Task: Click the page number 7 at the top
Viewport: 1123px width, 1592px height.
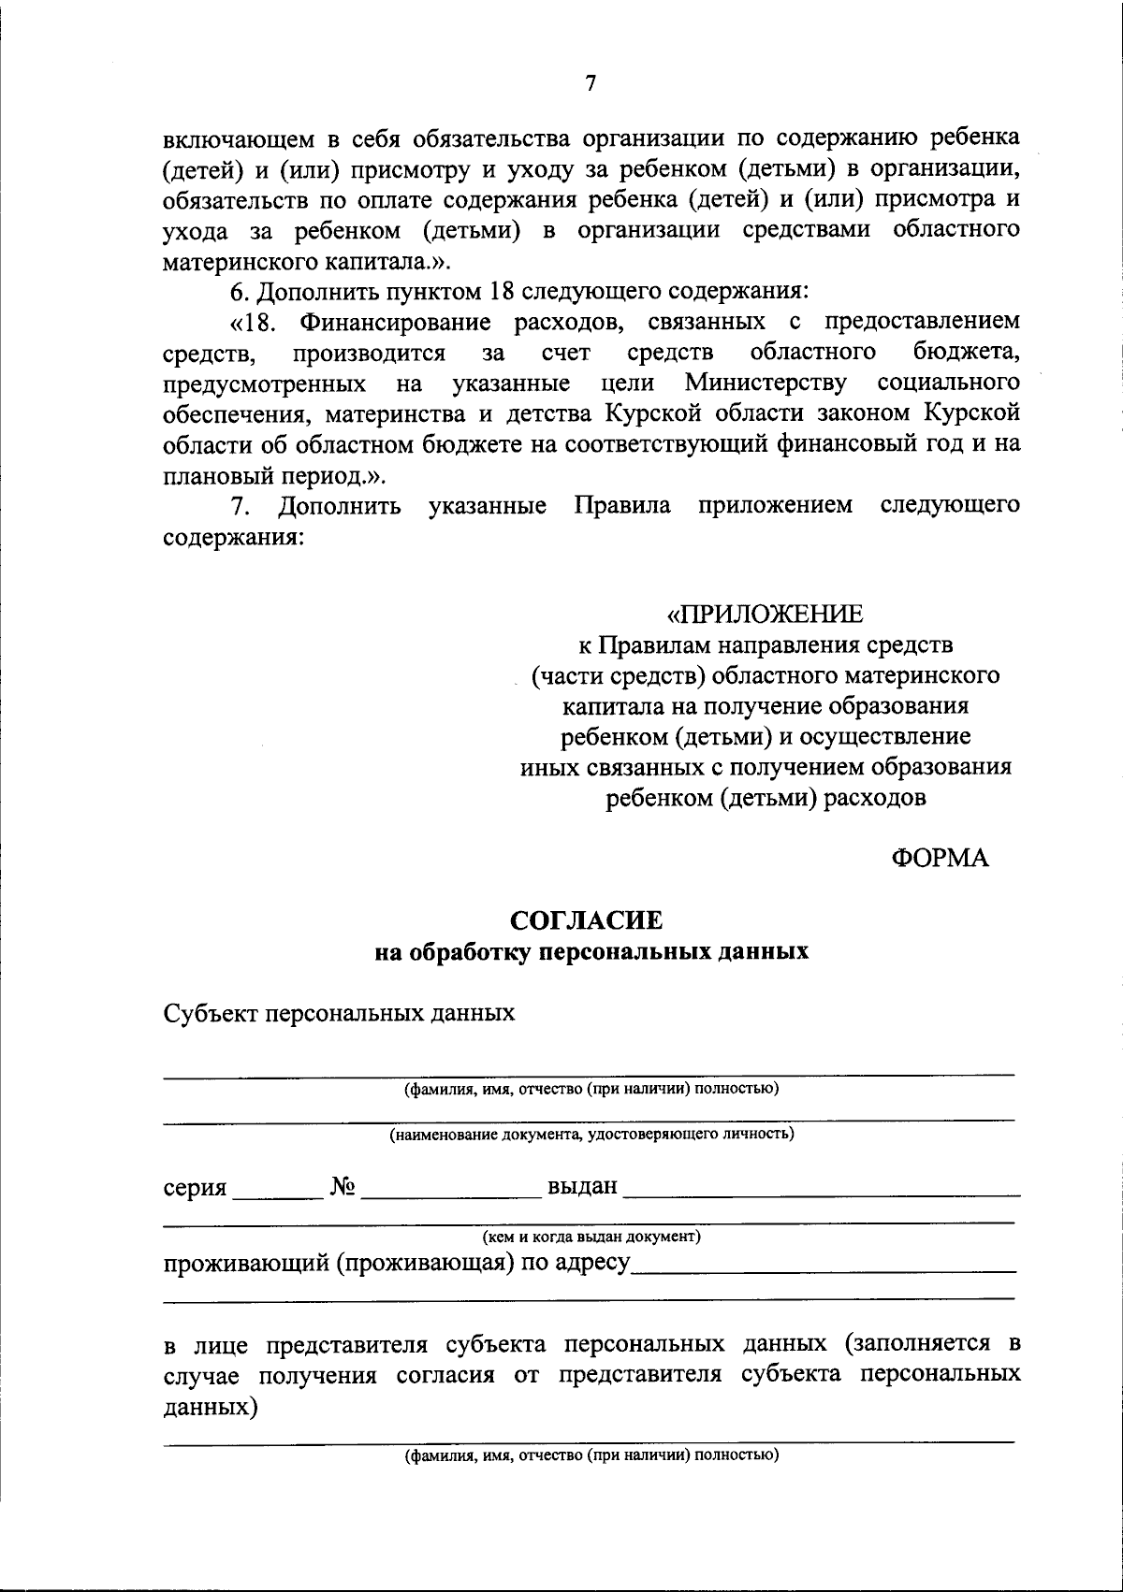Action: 590,83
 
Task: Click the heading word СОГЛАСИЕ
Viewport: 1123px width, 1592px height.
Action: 586,920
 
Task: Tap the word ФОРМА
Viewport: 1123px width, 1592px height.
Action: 940,858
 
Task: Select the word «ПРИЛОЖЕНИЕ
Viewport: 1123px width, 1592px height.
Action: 765,615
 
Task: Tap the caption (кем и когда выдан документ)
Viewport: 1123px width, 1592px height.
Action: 591,1237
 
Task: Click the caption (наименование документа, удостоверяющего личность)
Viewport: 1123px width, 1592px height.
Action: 591,1135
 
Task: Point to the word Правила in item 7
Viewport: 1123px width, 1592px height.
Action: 622,506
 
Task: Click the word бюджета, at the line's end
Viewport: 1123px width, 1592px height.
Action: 966,353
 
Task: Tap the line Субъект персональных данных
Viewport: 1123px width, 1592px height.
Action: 339,1013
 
